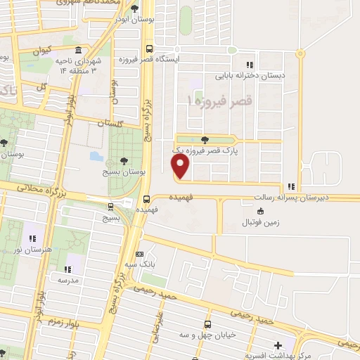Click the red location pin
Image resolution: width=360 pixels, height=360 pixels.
tap(181, 167)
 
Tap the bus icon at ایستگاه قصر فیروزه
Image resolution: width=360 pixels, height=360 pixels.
tap(148, 49)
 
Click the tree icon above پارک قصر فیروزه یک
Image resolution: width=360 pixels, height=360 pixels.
tap(204, 140)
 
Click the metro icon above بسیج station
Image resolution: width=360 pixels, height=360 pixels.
tap(110, 207)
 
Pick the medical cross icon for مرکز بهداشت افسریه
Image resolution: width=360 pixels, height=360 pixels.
tap(278, 346)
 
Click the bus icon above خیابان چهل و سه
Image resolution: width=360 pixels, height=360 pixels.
tap(207, 324)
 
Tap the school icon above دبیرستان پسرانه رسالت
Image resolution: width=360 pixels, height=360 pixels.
tap(291, 186)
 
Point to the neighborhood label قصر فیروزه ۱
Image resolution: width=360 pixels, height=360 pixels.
tap(219, 102)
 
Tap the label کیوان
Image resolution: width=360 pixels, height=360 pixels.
tap(40, 51)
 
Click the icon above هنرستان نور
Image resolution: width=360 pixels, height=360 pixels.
tap(32, 237)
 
